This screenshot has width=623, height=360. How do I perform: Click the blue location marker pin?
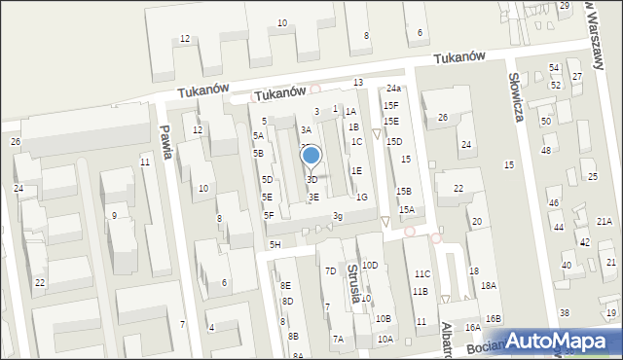(311, 156)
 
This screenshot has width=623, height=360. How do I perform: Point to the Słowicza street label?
(517, 99)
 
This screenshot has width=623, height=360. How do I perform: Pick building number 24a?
(392, 89)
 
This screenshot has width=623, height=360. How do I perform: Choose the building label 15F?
(390, 105)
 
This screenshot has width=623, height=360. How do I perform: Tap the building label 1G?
(361, 198)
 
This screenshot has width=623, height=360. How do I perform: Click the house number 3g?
(337, 216)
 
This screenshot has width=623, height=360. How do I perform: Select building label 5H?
(275, 244)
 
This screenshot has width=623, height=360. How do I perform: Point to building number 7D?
(331, 270)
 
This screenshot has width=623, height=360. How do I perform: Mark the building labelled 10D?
(370, 265)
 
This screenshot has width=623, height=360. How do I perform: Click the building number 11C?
(421, 274)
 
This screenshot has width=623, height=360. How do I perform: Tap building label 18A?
(488, 286)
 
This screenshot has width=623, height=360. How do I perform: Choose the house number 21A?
(605, 222)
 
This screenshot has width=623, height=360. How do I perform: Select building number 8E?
(286, 286)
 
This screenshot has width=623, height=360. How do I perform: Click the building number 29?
(565, 6)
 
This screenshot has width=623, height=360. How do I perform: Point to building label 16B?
(494, 319)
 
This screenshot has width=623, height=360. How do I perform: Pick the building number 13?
(358, 83)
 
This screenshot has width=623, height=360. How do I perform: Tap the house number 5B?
(258, 154)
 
